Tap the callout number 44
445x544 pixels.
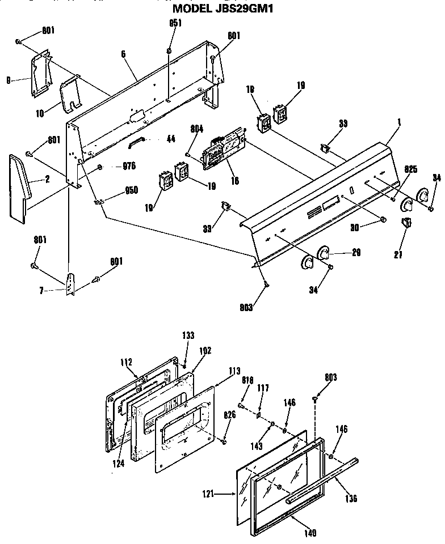(170, 139)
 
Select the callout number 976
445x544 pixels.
(130, 167)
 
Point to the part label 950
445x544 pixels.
(131, 190)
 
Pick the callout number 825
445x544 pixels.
(410, 169)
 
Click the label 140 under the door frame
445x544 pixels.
(310, 533)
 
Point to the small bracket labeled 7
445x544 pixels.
(70, 282)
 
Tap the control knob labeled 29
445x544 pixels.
(324, 253)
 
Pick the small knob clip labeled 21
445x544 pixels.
(406, 222)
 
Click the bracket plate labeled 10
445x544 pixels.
(71, 95)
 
